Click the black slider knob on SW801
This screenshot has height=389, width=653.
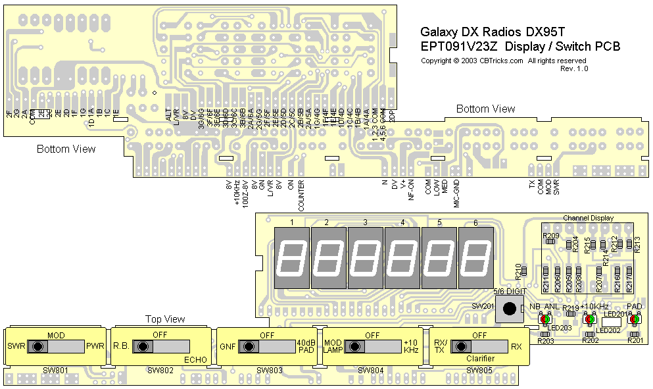[38, 346]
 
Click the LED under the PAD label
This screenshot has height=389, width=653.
[634, 319]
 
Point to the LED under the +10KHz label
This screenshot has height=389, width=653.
[590, 319]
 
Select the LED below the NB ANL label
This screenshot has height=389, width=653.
[544, 319]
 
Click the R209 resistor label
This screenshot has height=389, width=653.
[551, 235]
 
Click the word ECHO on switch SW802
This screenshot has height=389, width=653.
[196, 360]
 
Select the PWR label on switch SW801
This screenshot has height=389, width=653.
[95, 346]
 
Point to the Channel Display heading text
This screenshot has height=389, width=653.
[588, 218]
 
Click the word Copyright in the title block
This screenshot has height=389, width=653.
[436, 61]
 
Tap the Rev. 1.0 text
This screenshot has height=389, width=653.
[574, 68]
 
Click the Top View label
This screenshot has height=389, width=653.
[165, 319]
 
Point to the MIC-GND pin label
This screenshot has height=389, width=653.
[456, 194]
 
